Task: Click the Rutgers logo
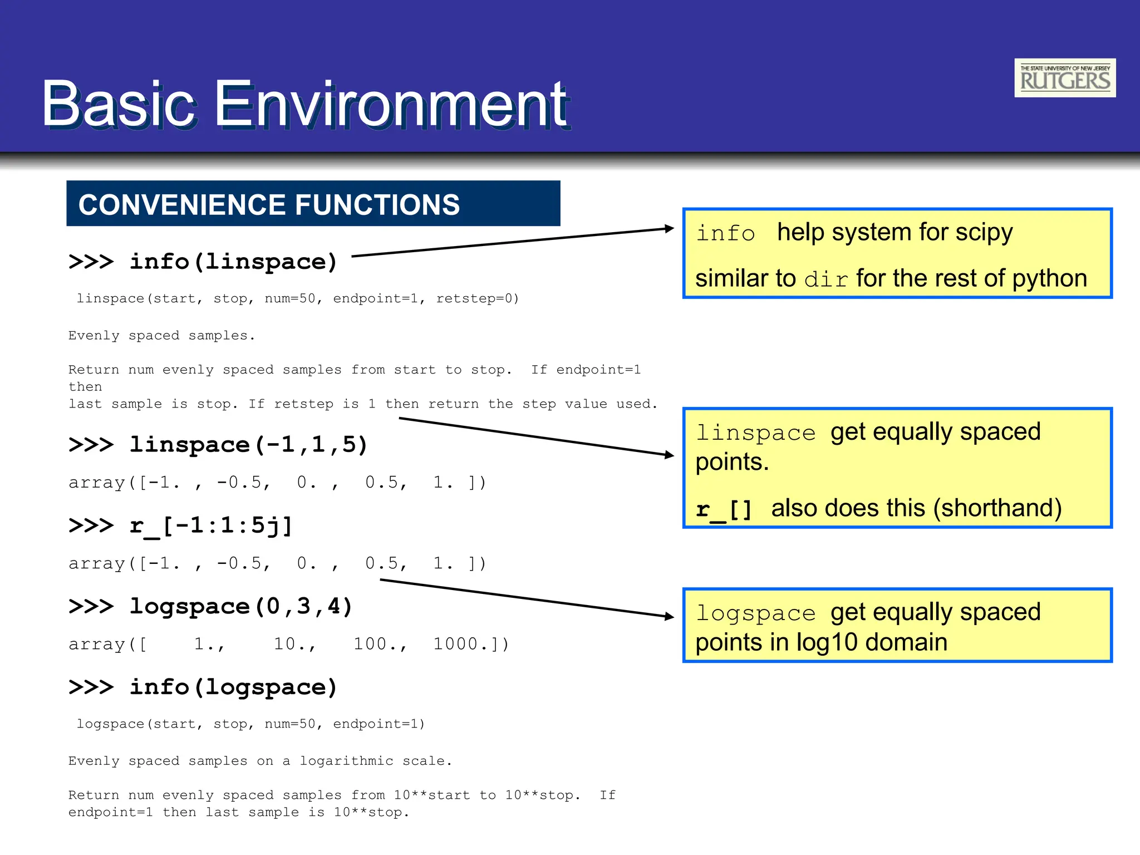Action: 1064,78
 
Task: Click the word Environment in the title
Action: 391,104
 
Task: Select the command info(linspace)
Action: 233,262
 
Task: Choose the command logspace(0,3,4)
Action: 241,606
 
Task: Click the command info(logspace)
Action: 233,687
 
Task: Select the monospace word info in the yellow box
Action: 725,233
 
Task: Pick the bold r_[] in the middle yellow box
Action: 724,509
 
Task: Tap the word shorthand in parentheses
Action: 997,508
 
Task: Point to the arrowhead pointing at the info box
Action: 670,228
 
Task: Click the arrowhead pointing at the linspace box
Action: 670,455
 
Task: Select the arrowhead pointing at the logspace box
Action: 670,616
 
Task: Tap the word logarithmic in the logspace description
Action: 346,761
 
